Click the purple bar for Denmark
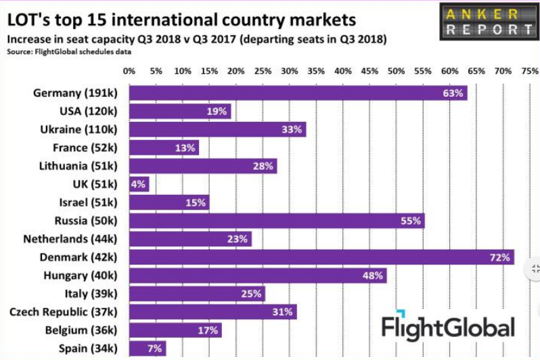(x=321, y=257)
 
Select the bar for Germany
(x=298, y=93)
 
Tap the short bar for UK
(x=139, y=184)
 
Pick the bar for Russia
(x=276, y=221)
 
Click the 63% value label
(x=453, y=93)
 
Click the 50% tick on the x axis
(x=396, y=70)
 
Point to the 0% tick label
(x=129, y=70)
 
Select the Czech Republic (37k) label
(x=63, y=312)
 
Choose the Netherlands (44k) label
(x=70, y=239)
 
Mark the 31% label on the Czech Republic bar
(x=284, y=312)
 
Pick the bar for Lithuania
(x=202, y=166)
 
